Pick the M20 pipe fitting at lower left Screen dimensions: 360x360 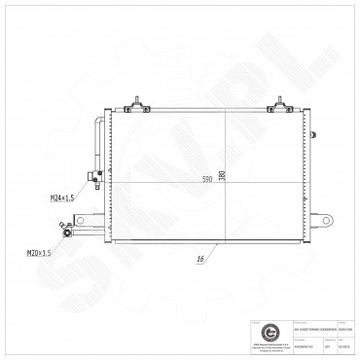click(66, 231)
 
